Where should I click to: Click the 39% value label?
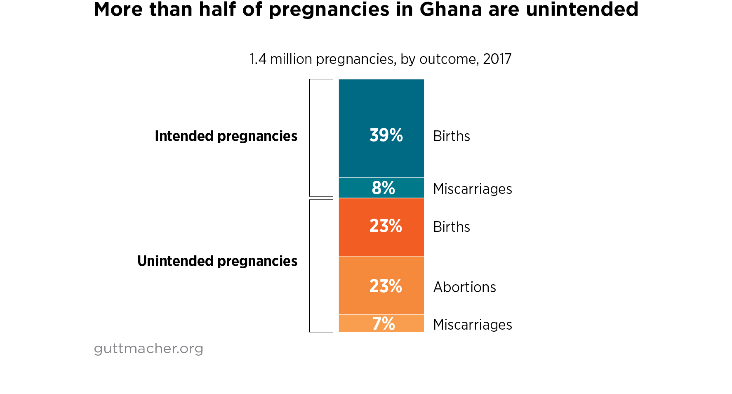[386, 135]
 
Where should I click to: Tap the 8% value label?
[383, 188]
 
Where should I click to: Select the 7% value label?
[384, 324]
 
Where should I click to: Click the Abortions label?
[464, 287]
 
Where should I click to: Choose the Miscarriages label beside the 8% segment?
[472, 189]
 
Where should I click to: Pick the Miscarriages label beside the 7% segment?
[472, 325]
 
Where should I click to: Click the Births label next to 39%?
[452, 136]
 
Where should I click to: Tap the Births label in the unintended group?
[452, 227]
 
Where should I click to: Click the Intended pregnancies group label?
[226, 136]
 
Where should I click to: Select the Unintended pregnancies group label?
[217, 261]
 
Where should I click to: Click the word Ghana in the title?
[451, 9]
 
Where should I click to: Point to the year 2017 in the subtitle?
[497, 59]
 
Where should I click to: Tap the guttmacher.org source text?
[148, 349]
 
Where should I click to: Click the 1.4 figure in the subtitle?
[258, 59]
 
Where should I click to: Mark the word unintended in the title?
[582, 9]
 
